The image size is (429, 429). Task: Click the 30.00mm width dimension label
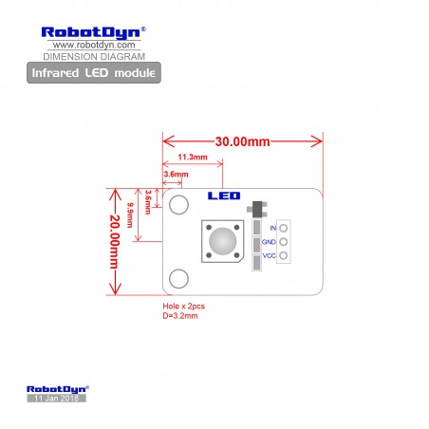click(x=242, y=141)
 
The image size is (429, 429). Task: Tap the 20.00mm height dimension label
click(x=115, y=242)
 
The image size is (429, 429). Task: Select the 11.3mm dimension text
click(x=193, y=157)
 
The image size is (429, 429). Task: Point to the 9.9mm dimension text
click(x=130, y=215)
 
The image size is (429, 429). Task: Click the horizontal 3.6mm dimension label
click(x=176, y=174)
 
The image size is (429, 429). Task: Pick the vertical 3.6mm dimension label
click(x=147, y=202)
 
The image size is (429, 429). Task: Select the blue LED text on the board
click(x=224, y=196)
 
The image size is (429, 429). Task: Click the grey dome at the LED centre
click(x=222, y=241)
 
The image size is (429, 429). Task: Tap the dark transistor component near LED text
click(x=257, y=209)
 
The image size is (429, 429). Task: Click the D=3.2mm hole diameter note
click(x=180, y=316)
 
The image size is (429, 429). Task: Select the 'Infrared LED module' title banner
click(x=94, y=73)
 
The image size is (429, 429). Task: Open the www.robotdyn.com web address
click(x=94, y=45)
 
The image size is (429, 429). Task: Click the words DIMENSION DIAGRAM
click(x=94, y=57)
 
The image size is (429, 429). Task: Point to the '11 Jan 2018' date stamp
click(x=56, y=398)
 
